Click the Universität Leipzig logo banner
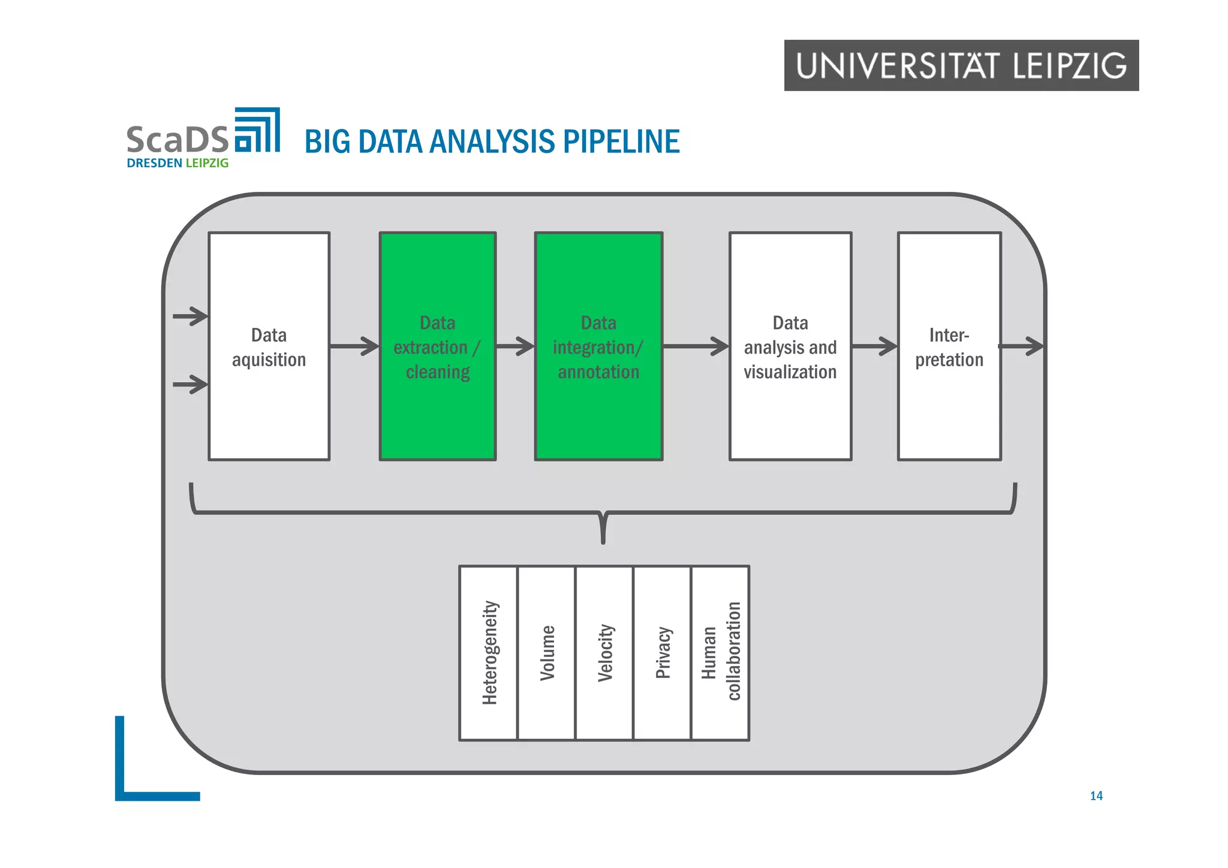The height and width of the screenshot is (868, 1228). (x=961, y=65)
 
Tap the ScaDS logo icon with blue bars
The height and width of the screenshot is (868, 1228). (x=257, y=130)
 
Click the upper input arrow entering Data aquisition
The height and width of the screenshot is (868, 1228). (x=191, y=316)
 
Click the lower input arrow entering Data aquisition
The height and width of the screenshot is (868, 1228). (x=191, y=384)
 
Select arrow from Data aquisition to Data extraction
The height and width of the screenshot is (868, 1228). (x=354, y=346)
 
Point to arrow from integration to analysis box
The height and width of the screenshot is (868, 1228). (x=696, y=346)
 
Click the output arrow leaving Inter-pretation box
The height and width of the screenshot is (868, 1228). (x=1022, y=346)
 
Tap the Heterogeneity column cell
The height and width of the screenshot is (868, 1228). (x=489, y=653)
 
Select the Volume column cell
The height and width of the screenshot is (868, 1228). (x=546, y=653)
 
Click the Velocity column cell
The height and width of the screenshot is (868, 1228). (x=604, y=653)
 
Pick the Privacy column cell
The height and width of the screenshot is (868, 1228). (x=662, y=653)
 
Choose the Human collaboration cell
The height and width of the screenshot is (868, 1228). (x=720, y=653)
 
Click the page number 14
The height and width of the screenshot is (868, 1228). (x=1096, y=796)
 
